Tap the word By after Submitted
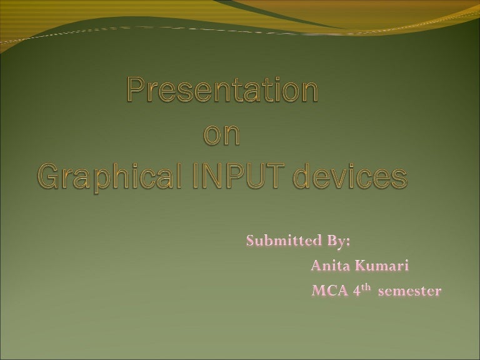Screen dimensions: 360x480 click(341, 241)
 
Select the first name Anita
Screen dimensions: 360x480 click(331, 266)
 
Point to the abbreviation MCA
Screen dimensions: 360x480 click(329, 291)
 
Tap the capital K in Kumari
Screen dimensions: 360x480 click(361, 266)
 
